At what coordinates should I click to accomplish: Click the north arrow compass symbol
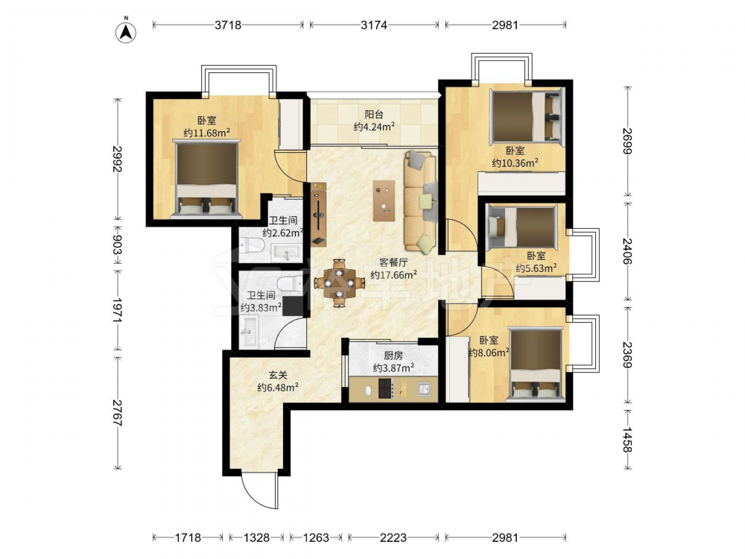(x=126, y=31)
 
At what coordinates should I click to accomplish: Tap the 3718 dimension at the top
(x=228, y=25)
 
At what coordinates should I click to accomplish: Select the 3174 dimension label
(x=374, y=25)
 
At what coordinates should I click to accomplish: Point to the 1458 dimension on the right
(x=627, y=440)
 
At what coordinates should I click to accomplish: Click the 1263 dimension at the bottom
(x=316, y=537)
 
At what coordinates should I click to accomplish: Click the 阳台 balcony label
(x=374, y=114)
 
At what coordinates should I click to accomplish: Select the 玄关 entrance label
(x=278, y=375)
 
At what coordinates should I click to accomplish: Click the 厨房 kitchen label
(x=393, y=355)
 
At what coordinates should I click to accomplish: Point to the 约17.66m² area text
(x=394, y=274)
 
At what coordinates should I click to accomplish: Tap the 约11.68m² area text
(x=206, y=133)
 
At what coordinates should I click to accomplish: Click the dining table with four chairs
(x=339, y=283)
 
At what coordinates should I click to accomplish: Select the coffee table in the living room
(x=384, y=200)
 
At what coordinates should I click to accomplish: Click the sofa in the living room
(x=420, y=203)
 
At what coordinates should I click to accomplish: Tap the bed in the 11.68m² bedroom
(x=206, y=179)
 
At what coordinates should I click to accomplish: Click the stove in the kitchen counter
(x=384, y=388)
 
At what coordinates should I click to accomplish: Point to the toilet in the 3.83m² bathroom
(x=289, y=284)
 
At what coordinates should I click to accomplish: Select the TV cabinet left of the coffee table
(x=318, y=215)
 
